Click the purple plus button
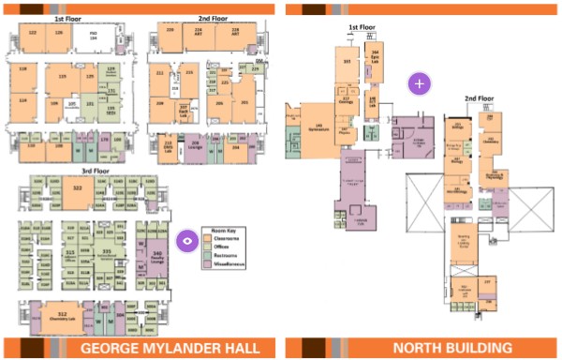click(419, 82)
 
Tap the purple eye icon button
click(187, 241)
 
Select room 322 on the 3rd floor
click(78, 188)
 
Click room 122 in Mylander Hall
click(34, 33)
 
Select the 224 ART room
click(198, 31)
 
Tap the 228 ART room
click(234, 31)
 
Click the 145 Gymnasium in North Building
click(318, 127)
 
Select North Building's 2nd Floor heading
click(480, 97)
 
